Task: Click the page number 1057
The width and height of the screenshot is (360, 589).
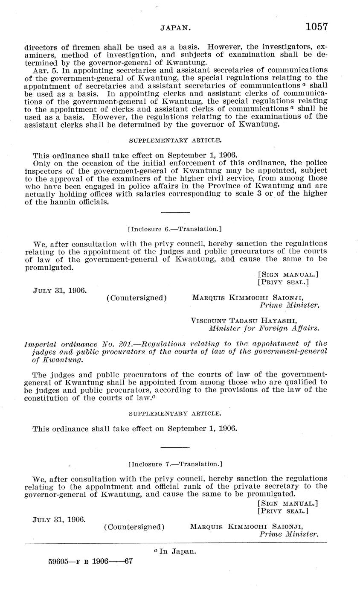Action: click(x=316, y=27)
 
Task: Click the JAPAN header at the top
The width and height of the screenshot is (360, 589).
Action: click(x=175, y=28)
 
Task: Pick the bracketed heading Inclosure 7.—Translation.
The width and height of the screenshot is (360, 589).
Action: click(x=175, y=464)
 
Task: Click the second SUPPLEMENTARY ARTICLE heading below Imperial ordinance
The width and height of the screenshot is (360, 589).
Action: click(x=175, y=414)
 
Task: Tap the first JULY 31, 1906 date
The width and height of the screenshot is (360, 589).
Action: click(x=60, y=290)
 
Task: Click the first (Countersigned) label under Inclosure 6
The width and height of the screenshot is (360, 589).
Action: click(x=136, y=297)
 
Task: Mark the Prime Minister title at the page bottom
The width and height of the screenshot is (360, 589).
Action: click(x=289, y=534)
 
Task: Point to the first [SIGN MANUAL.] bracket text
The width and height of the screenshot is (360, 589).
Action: click(x=288, y=274)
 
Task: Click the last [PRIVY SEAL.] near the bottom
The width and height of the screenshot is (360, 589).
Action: click(x=283, y=511)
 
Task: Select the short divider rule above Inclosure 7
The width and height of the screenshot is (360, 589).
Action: click(x=175, y=447)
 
